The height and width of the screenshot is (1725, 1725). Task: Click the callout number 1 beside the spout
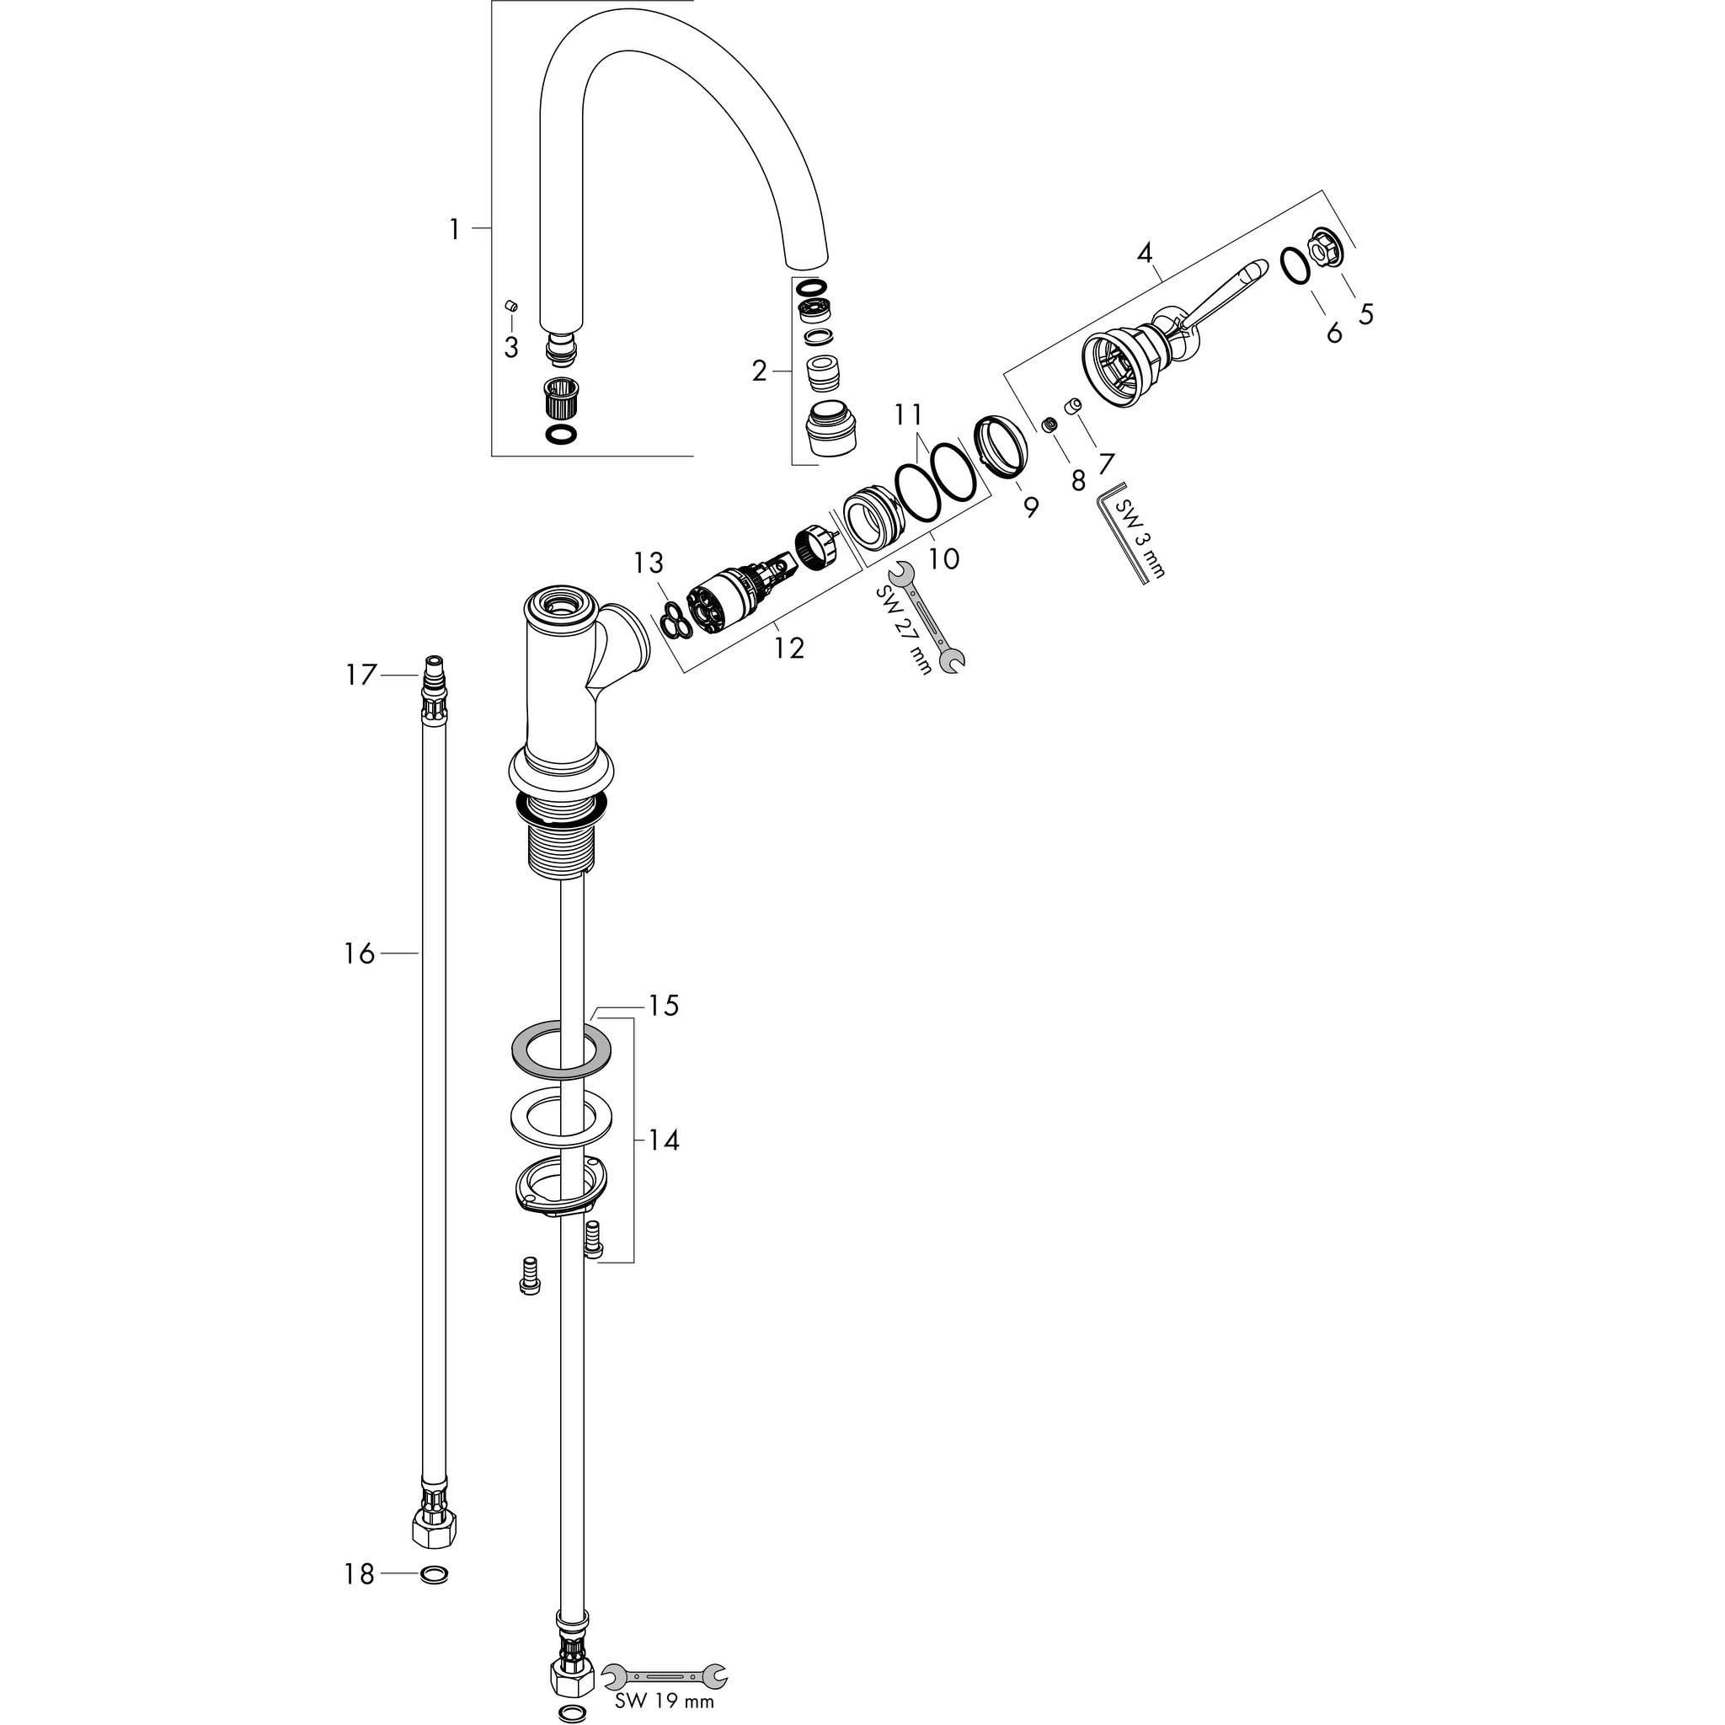point(455,230)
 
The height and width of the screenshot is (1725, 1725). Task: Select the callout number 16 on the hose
point(359,954)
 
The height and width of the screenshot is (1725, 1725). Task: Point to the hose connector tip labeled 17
point(433,666)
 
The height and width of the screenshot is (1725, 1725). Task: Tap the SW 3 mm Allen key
point(1127,533)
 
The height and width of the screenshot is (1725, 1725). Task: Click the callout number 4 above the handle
point(1146,254)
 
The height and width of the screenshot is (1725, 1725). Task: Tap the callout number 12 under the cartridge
point(789,648)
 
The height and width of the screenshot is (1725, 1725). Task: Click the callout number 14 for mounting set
point(664,1140)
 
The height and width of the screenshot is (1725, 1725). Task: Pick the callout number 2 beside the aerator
point(759,371)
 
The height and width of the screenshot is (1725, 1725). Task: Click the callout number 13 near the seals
point(649,563)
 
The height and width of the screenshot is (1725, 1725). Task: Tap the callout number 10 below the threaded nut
point(943,559)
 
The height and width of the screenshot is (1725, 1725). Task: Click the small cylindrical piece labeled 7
point(1072,406)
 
